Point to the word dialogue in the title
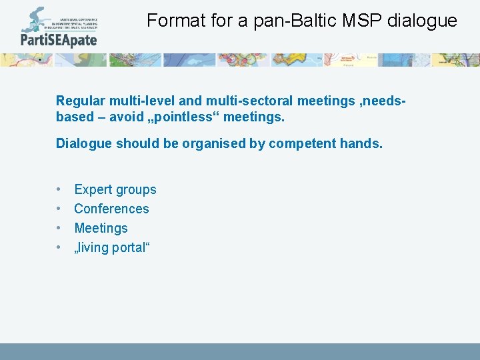(424, 21)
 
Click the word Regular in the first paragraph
(81, 101)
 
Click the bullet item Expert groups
(115, 189)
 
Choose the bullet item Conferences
(111, 209)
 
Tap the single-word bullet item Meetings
(101, 228)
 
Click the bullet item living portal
(112, 247)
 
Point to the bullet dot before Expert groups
(59, 189)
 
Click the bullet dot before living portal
(59, 247)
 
